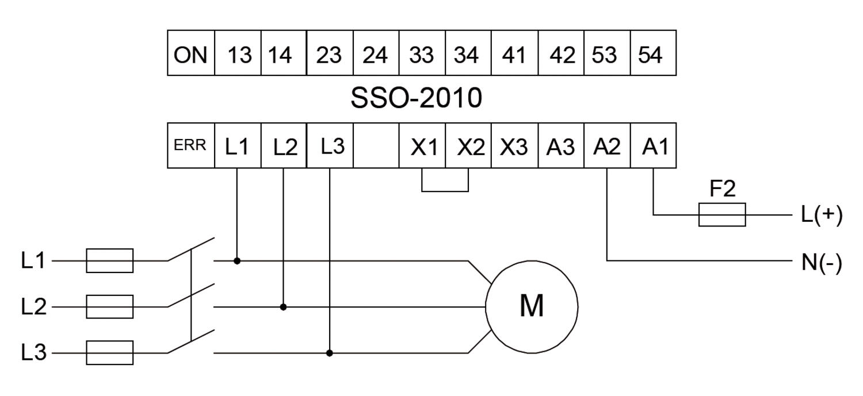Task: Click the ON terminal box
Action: pyautogui.click(x=190, y=53)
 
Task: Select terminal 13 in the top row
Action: pyautogui.click(x=238, y=53)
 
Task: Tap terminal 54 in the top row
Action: pyautogui.click(x=653, y=53)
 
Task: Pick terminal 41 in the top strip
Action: pyautogui.click(x=514, y=53)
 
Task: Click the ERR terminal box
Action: pyautogui.click(x=190, y=145)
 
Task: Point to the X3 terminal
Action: pyautogui.click(x=514, y=145)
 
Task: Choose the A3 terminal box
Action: pyautogui.click(x=561, y=145)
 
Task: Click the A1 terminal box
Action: pyautogui.click(x=653, y=145)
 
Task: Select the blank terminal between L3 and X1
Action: pyautogui.click(x=376, y=145)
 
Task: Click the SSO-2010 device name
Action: pyautogui.click(x=417, y=98)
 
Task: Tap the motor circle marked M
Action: pyautogui.click(x=532, y=306)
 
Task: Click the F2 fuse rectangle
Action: pyautogui.click(x=722, y=214)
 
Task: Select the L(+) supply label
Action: pyautogui.click(x=822, y=214)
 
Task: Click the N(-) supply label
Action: pyautogui.click(x=822, y=262)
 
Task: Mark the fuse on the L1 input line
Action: pyautogui.click(x=110, y=260)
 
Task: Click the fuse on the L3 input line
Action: pyautogui.click(x=110, y=352)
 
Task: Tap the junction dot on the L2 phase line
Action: pyautogui.click(x=283, y=307)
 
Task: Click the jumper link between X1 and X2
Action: pyautogui.click(x=445, y=190)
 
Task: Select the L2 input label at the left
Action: pyautogui.click(x=33, y=307)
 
